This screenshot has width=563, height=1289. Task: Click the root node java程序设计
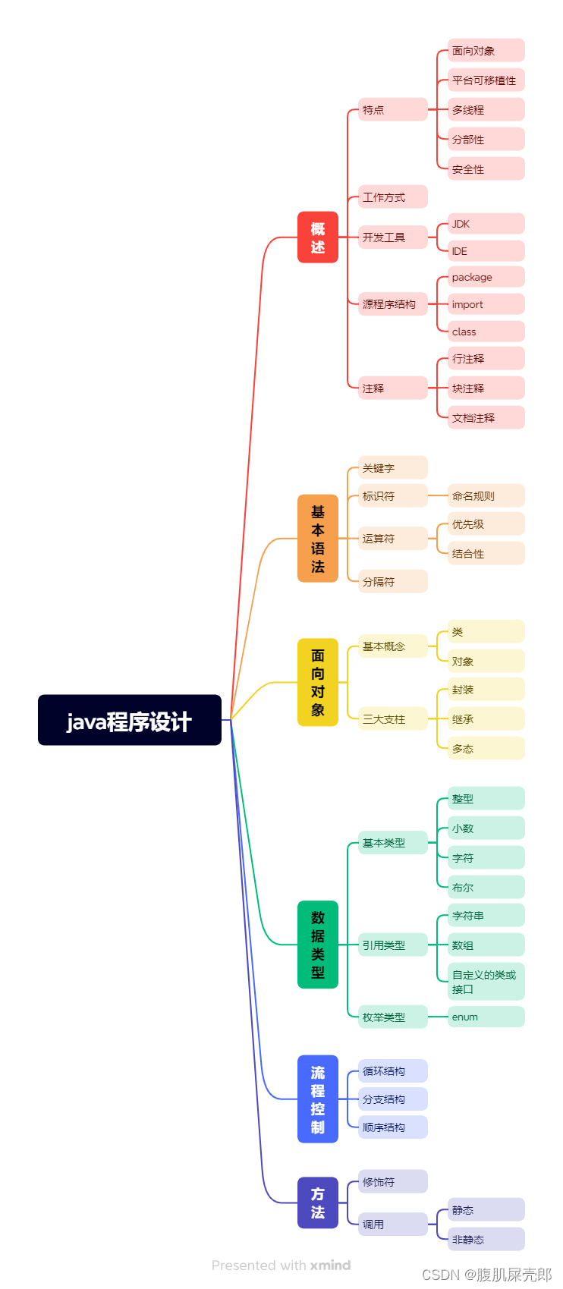pyautogui.click(x=129, y=720)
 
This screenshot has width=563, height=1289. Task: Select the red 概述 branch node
pyautogui.click(x=317, y=237)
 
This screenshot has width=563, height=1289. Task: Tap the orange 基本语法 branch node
pyautogui.click(x=317, y=539)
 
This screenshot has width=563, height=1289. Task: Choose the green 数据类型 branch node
pyautogui.click(x=317, y=945)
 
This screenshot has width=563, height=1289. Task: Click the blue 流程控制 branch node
pyautogui.click(x=317, y=1099)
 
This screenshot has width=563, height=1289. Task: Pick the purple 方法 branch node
pyautogui.click(x=317, y=1203)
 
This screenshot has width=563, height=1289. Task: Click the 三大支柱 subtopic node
pyautogui.click(x=392, y=719)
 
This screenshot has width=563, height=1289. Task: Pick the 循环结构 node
pyautogui.click(x=392, y=1071)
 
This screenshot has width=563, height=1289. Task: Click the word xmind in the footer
pyautogui.click(x=330, y=1265)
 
